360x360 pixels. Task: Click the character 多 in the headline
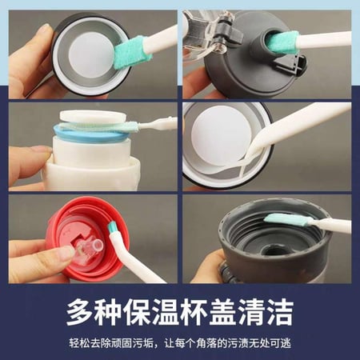[81, 312]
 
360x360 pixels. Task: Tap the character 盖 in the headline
[224, 312]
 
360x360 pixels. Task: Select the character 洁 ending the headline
[280, 312]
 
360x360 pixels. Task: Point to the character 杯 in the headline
[196, 312]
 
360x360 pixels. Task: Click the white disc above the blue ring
[93, 117]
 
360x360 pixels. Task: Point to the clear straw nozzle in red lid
[90, 246]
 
